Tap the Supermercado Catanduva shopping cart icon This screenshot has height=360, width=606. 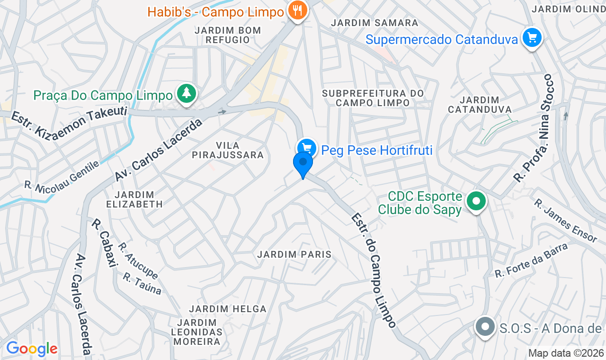(532, 37)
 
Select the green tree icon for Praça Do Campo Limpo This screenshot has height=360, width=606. (187, 93)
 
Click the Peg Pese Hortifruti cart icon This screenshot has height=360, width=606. (306, 148)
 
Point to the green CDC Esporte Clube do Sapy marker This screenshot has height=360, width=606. (477, 201)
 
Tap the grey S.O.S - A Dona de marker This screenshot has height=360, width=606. (485, 327)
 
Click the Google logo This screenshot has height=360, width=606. (32, 349)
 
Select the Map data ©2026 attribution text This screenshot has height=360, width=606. (566, 353)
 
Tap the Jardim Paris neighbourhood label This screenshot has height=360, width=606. (294, 254)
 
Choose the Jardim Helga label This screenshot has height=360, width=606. (228, 309)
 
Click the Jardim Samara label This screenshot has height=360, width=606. (374, 23)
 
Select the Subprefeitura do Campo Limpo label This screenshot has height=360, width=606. (373, 98)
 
